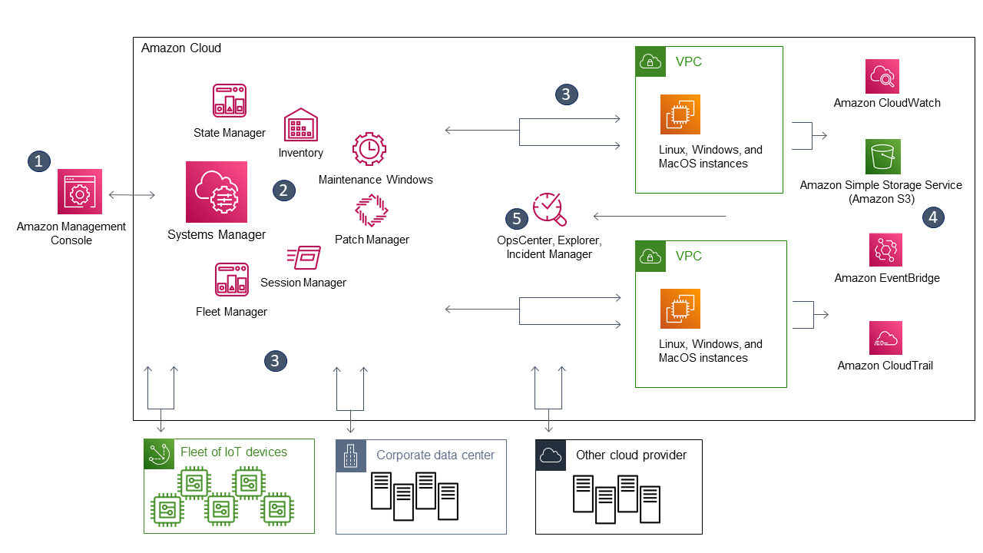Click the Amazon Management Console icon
point(80,191)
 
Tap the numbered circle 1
point(38,161)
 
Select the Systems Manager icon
point(217,192)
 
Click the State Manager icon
point(229,101)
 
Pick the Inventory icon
point(300,124)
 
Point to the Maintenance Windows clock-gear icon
point(369,149)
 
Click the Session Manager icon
point(303,257)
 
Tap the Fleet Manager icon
point(231,280)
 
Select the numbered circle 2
point(284,190)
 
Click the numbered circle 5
point(516,219)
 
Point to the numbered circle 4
point(932,217)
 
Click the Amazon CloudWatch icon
point(882,76)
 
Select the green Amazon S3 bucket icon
point(882,157)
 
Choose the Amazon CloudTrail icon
point(885,338)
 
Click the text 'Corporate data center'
point(435,455)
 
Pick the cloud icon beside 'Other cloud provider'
point(551,455)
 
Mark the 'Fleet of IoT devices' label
point(233,452)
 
